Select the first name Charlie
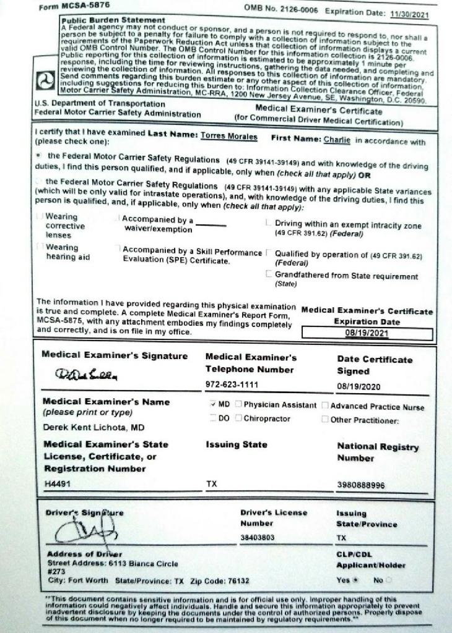[337, 140]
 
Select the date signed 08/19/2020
[359, 387]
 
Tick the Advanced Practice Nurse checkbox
[324, 406]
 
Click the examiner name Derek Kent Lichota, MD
[93, 427]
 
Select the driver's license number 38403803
[257, 538]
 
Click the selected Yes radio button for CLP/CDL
[357, 581]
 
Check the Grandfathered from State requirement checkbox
[268, 274]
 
